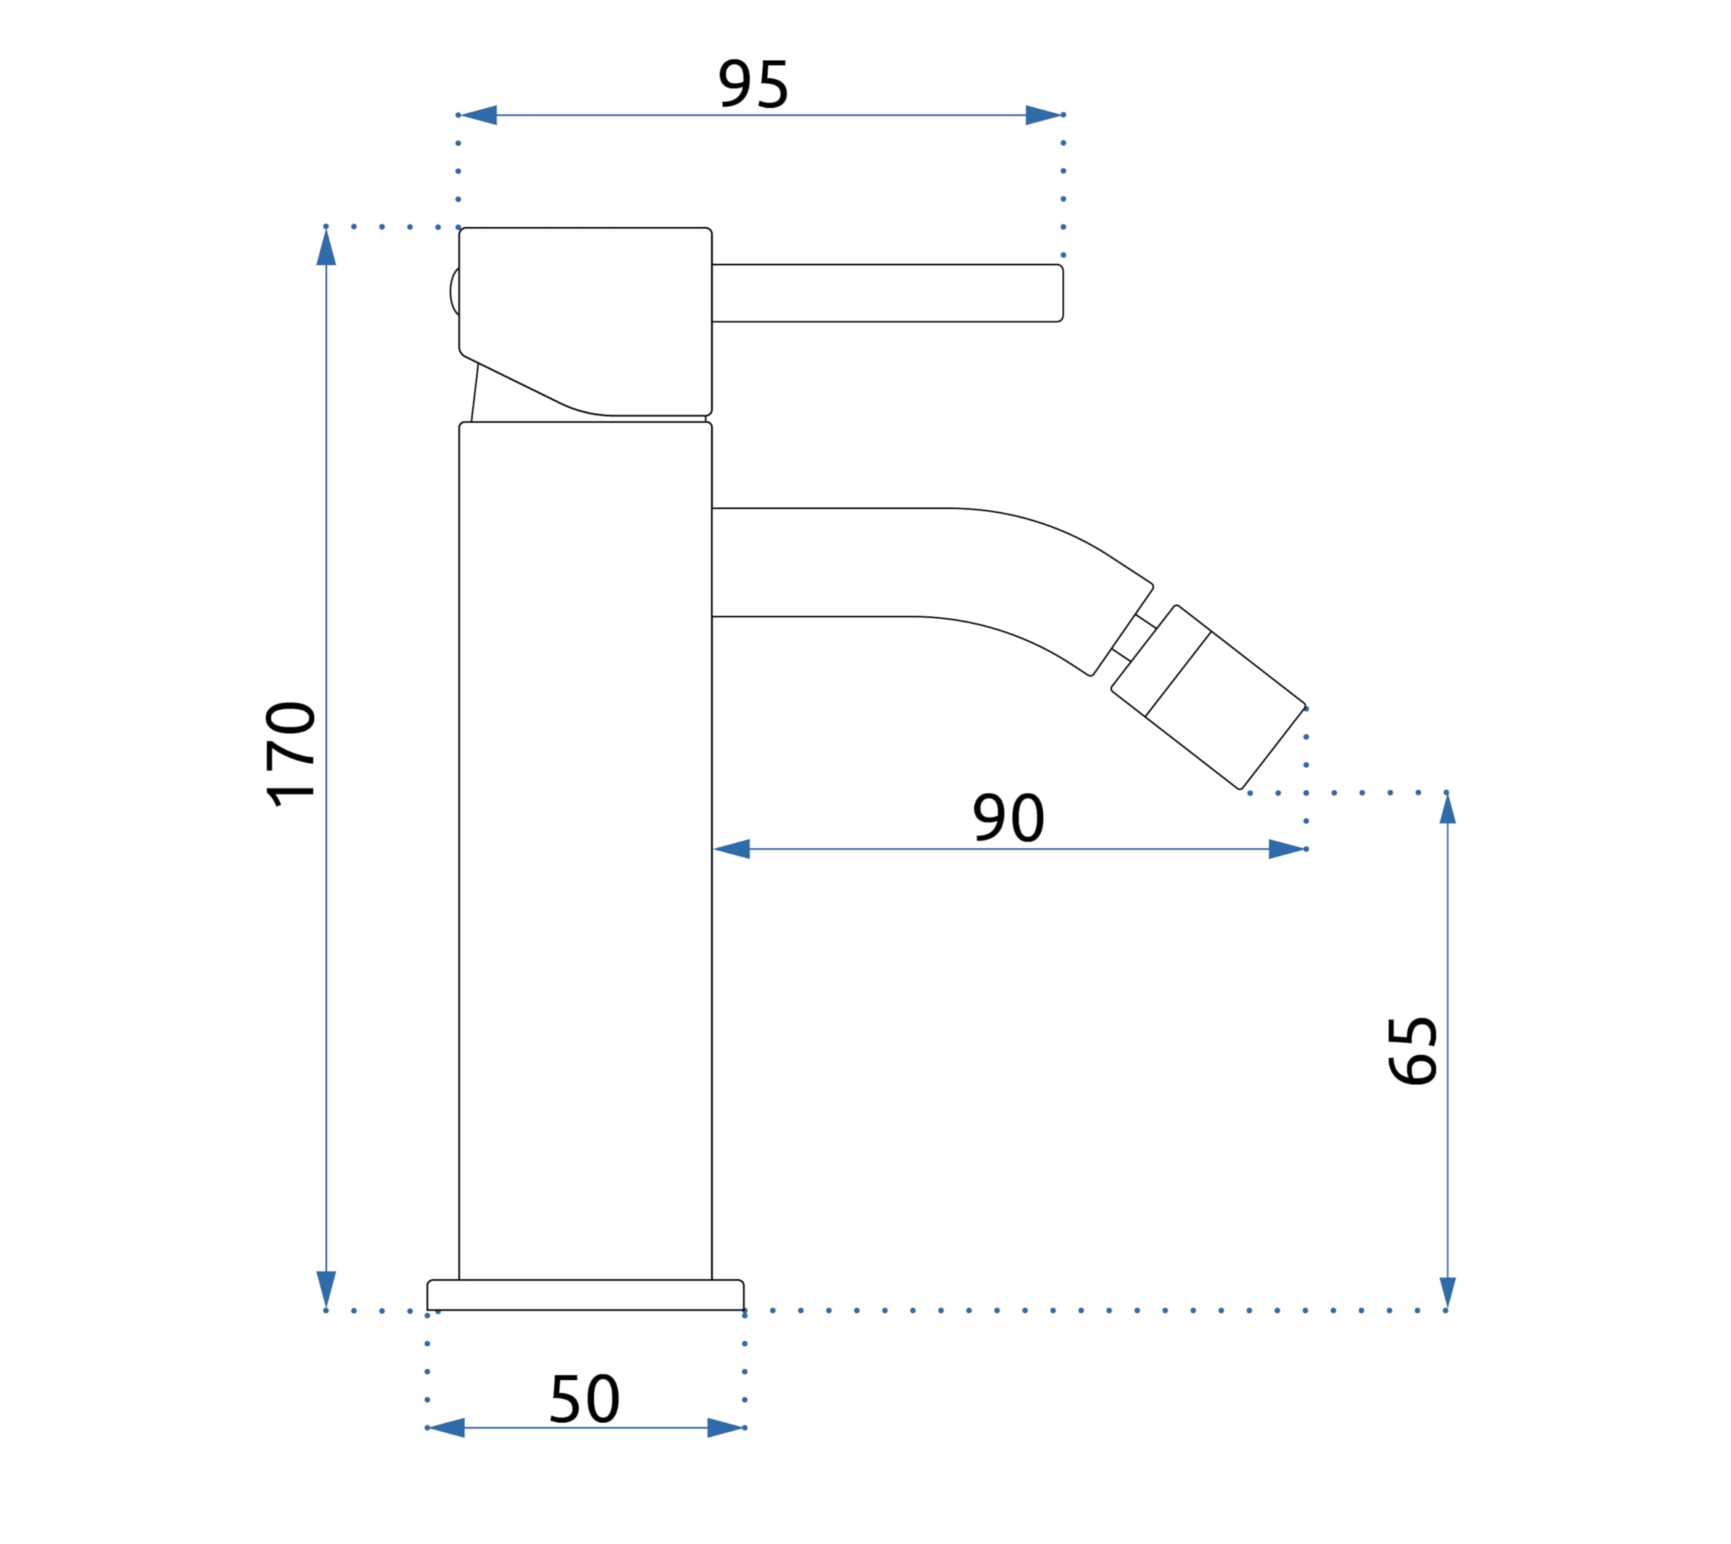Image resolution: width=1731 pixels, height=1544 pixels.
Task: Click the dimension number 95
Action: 753,84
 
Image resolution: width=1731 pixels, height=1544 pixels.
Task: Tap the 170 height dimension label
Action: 291,753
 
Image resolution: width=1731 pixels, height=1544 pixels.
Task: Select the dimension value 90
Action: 1007,818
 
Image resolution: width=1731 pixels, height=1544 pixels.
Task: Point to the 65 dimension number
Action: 1412,1051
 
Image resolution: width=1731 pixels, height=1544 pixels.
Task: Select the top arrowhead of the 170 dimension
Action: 327,247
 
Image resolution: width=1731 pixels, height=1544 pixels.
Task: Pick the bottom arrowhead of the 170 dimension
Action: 327,1290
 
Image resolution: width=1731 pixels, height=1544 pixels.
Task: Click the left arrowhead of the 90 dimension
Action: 731,849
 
